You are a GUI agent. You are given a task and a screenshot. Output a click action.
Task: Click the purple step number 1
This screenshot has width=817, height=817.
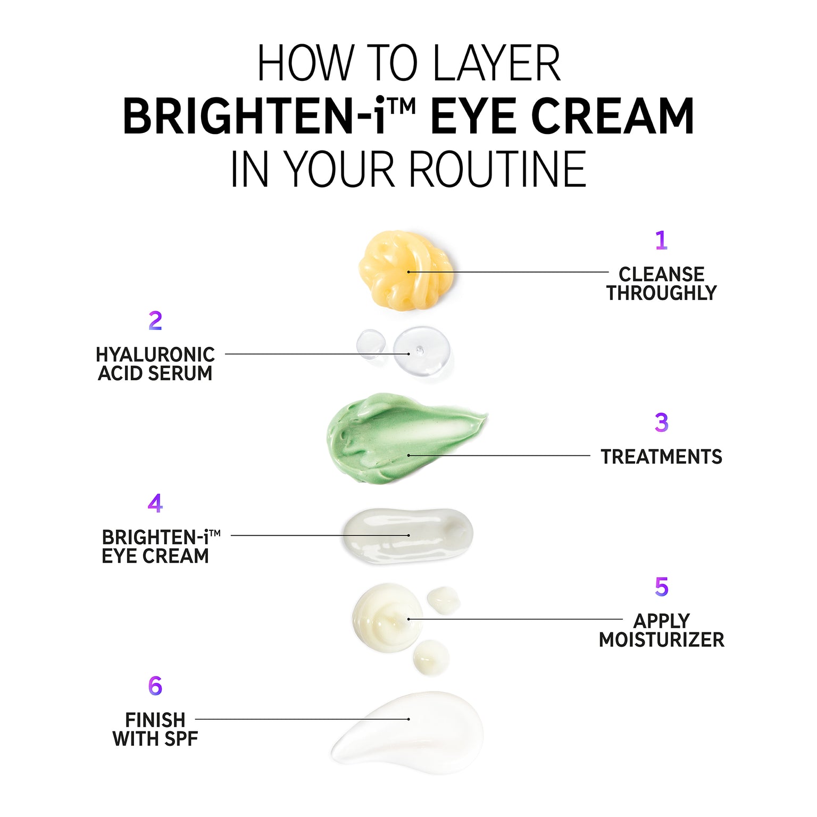click(661, 240)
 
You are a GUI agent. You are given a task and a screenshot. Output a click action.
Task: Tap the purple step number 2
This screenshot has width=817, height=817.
click(155, 321)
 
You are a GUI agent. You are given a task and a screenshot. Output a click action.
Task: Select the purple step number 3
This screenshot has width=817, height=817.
click(661, 422)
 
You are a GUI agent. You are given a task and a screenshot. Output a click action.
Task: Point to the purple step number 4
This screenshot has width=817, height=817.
click(155, 503)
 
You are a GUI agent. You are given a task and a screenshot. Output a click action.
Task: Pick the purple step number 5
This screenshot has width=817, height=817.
click(661, 587)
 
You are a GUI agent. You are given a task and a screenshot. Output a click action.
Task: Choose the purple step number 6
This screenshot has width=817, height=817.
click(155, 686)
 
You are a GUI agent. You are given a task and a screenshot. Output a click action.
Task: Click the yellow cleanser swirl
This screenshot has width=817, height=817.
click(406, 270)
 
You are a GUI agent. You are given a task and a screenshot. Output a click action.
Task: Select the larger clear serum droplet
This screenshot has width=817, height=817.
click(421, 352)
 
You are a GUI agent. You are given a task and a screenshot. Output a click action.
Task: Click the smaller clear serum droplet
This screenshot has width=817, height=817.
click(371, 344)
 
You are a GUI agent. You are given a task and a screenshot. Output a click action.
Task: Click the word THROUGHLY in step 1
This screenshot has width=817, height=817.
click(661, 293)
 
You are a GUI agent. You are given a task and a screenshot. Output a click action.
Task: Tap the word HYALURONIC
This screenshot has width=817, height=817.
click(155, 355)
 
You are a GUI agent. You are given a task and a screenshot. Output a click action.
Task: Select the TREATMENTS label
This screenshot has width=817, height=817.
click(661, 457)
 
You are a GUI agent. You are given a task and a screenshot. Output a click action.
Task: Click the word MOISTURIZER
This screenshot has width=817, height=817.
click(661, 639)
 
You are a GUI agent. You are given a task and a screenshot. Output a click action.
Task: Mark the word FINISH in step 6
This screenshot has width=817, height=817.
click(155, 720)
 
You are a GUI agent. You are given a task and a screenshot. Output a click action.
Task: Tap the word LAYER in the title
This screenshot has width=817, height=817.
click(497, 63)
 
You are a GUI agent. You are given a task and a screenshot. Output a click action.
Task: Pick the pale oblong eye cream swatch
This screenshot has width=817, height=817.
click(407, 535)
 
